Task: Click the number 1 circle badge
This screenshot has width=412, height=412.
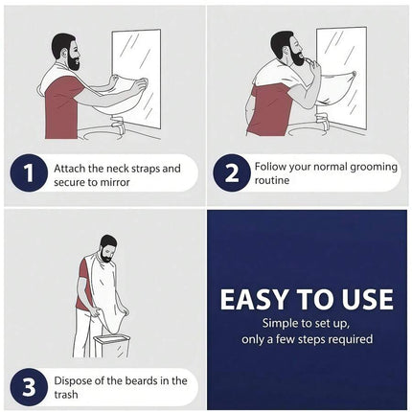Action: (29, 173)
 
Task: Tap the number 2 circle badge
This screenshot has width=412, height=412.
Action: (232, 173)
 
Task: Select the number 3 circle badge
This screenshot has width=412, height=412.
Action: (29, 387)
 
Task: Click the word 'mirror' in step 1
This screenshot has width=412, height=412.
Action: (115, 182)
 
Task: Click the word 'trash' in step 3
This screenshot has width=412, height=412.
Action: (66, 395)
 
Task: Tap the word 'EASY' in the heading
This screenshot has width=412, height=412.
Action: (254, 300)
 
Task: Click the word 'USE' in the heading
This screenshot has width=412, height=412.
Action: (367, 300)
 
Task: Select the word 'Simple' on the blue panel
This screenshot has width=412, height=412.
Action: (276, 323)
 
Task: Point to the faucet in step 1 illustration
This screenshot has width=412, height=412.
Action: (119, 125)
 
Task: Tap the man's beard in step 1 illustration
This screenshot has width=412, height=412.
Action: (73, 60)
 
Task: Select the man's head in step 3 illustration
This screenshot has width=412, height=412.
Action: (107, 248)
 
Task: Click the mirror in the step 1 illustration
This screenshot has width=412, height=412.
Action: (136, 79)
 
